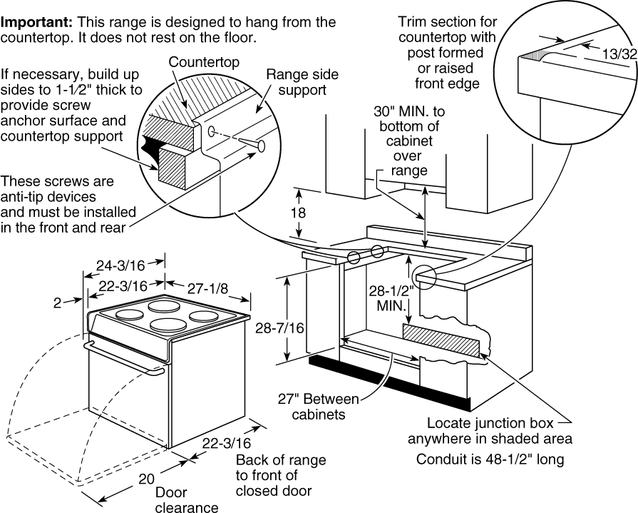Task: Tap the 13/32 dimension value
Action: point(619,54)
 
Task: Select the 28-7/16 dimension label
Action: point(280,327)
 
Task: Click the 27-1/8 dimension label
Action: point(207,289)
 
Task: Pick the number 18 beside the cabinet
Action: point(298,213)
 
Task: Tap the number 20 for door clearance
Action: point(146,479)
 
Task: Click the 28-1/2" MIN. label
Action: point(391,298)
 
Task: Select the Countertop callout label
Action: point(204,62)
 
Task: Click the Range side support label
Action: point(302,82)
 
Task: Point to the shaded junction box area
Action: point(441,340)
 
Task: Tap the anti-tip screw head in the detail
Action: point(261,146)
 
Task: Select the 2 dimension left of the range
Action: point(57,303)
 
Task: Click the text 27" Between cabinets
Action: point(318,406)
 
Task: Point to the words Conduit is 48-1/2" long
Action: point(490,459)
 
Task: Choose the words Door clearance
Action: point(187,500)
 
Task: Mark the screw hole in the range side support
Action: point(212,131)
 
